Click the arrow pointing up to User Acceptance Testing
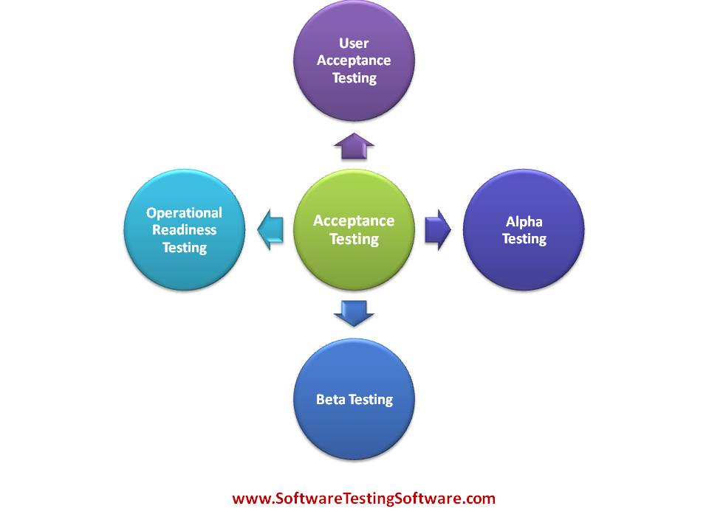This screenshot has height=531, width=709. tap(354, 147)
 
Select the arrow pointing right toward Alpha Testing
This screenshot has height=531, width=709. tap(438, 229)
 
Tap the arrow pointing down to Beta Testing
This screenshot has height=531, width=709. tap(354, 313)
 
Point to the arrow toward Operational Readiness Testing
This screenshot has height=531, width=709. tap(270, 229)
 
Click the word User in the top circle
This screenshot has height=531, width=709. tap(354, 44)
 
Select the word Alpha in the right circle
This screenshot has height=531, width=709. tap(524, 221)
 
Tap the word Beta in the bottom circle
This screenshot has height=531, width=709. tap(331, 400)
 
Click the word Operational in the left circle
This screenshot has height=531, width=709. tap(184, 213)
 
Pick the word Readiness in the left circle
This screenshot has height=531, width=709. tap(184, 230)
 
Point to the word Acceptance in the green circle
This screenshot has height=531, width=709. tap(354, 221)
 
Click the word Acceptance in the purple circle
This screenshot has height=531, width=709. tap(354, 60)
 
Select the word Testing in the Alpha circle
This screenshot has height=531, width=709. tap(524, 239)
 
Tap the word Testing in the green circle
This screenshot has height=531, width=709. tap(354, 239)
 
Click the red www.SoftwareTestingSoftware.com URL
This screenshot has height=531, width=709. tap(363, 499)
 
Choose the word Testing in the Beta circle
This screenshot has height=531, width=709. tap(371, 400)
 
